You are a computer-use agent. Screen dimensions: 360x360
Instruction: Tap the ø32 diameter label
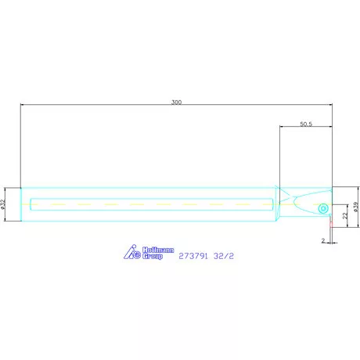click(x=5, y=204)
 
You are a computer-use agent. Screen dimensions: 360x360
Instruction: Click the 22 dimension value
click(x=345, y=217)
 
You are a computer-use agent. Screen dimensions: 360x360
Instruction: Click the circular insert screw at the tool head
click(x=322, y=208)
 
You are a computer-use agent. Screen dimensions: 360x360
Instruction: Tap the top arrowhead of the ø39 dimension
click(x=358, y=189)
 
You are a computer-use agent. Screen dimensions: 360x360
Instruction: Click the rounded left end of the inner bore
click(x=31, y=205)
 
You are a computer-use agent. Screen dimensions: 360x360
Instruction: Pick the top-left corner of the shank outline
click(x=21, y=188)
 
